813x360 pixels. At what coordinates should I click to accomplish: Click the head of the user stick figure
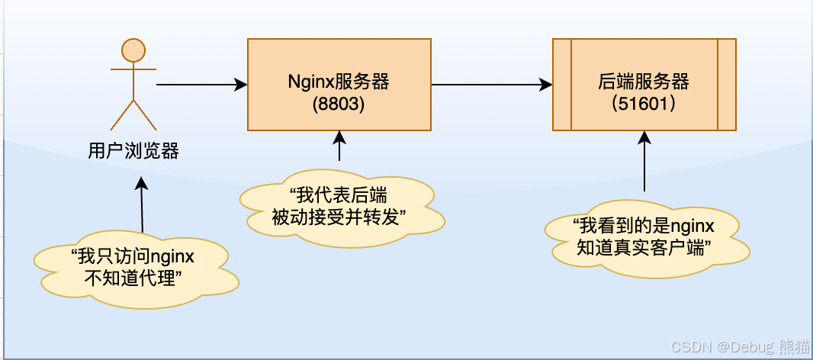pos(133,50)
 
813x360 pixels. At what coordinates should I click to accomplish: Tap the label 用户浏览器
pos(133,151)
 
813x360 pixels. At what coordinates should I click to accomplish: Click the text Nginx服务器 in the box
pos(339,82)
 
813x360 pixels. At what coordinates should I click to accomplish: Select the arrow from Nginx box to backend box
pos(491,84)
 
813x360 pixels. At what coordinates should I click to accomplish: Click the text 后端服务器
pos(644,82)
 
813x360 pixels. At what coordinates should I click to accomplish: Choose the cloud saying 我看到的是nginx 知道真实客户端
pos(644,236)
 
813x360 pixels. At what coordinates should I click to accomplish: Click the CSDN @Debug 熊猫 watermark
pos(739,347)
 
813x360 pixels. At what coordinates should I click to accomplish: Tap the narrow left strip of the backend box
pos(562,84)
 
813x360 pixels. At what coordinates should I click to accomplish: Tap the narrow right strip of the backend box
pos(727,84)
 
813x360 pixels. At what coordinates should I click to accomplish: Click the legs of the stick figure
pos(133,114)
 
